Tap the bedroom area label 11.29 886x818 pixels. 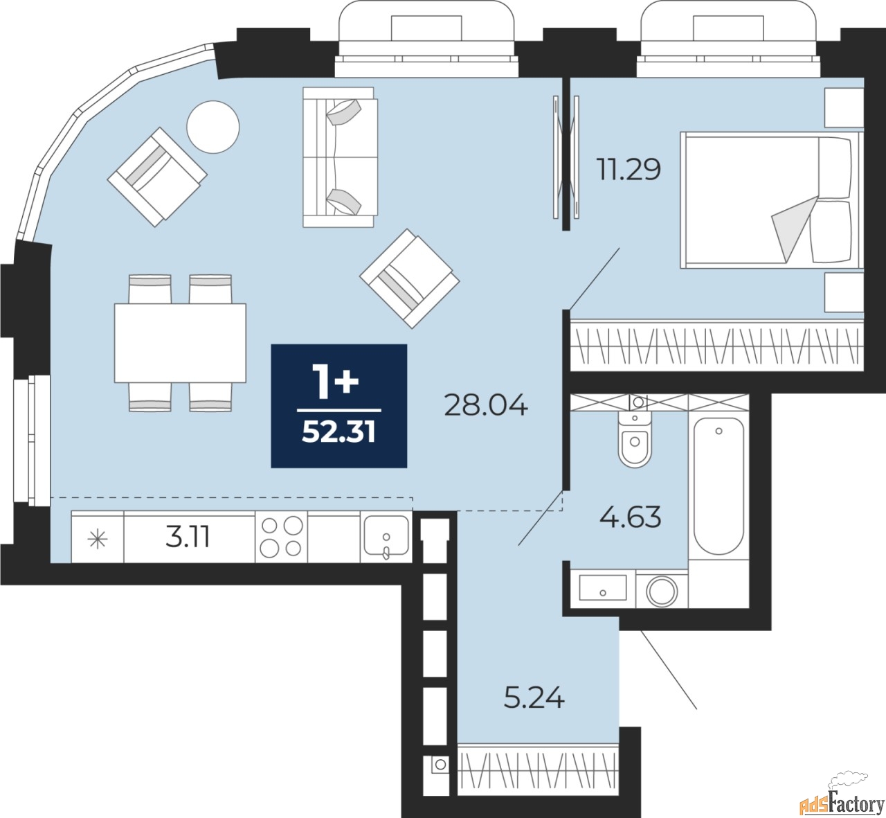coord(629,170)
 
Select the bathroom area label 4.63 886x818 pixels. coord(631,518)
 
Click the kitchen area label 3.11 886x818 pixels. coord(188,537)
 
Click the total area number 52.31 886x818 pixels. coord(338,432)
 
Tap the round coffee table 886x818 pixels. coord(213,127)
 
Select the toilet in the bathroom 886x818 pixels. coord(634,438)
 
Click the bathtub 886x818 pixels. coord(718,487)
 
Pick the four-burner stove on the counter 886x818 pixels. coord(281,537)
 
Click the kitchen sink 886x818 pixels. coord(386,537)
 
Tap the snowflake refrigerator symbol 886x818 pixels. coord(98,540)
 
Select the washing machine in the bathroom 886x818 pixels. coord(662,592)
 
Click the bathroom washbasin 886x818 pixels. coord(603,587)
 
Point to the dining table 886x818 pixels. coord(180,343)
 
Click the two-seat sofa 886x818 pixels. coord(340,157)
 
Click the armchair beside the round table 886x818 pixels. coord(157,177)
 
